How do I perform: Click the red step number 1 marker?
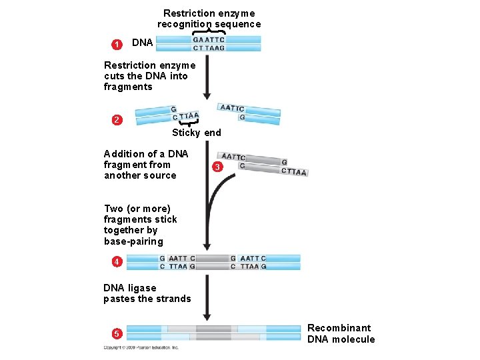click(x=117, y=44)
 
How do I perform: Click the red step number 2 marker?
click(x=117, y=120)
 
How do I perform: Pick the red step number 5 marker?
click(x=117, y=333)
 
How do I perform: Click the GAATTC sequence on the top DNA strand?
click(x=209, y=39)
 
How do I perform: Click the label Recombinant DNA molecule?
click(x=341, y=333)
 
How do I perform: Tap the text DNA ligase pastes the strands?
click(x=147, y=293)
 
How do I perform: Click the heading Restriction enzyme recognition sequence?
click(x=209, y=19)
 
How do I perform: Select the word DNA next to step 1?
click(x=142, y=43)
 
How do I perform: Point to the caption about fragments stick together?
click(x=140, y=225)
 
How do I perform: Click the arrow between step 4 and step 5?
click(x=207, y=297)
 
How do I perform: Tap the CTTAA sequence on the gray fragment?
click(x=294, y=172)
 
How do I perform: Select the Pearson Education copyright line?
click(x=141, y=347)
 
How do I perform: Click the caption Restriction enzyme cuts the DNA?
click(x=149, y=76)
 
